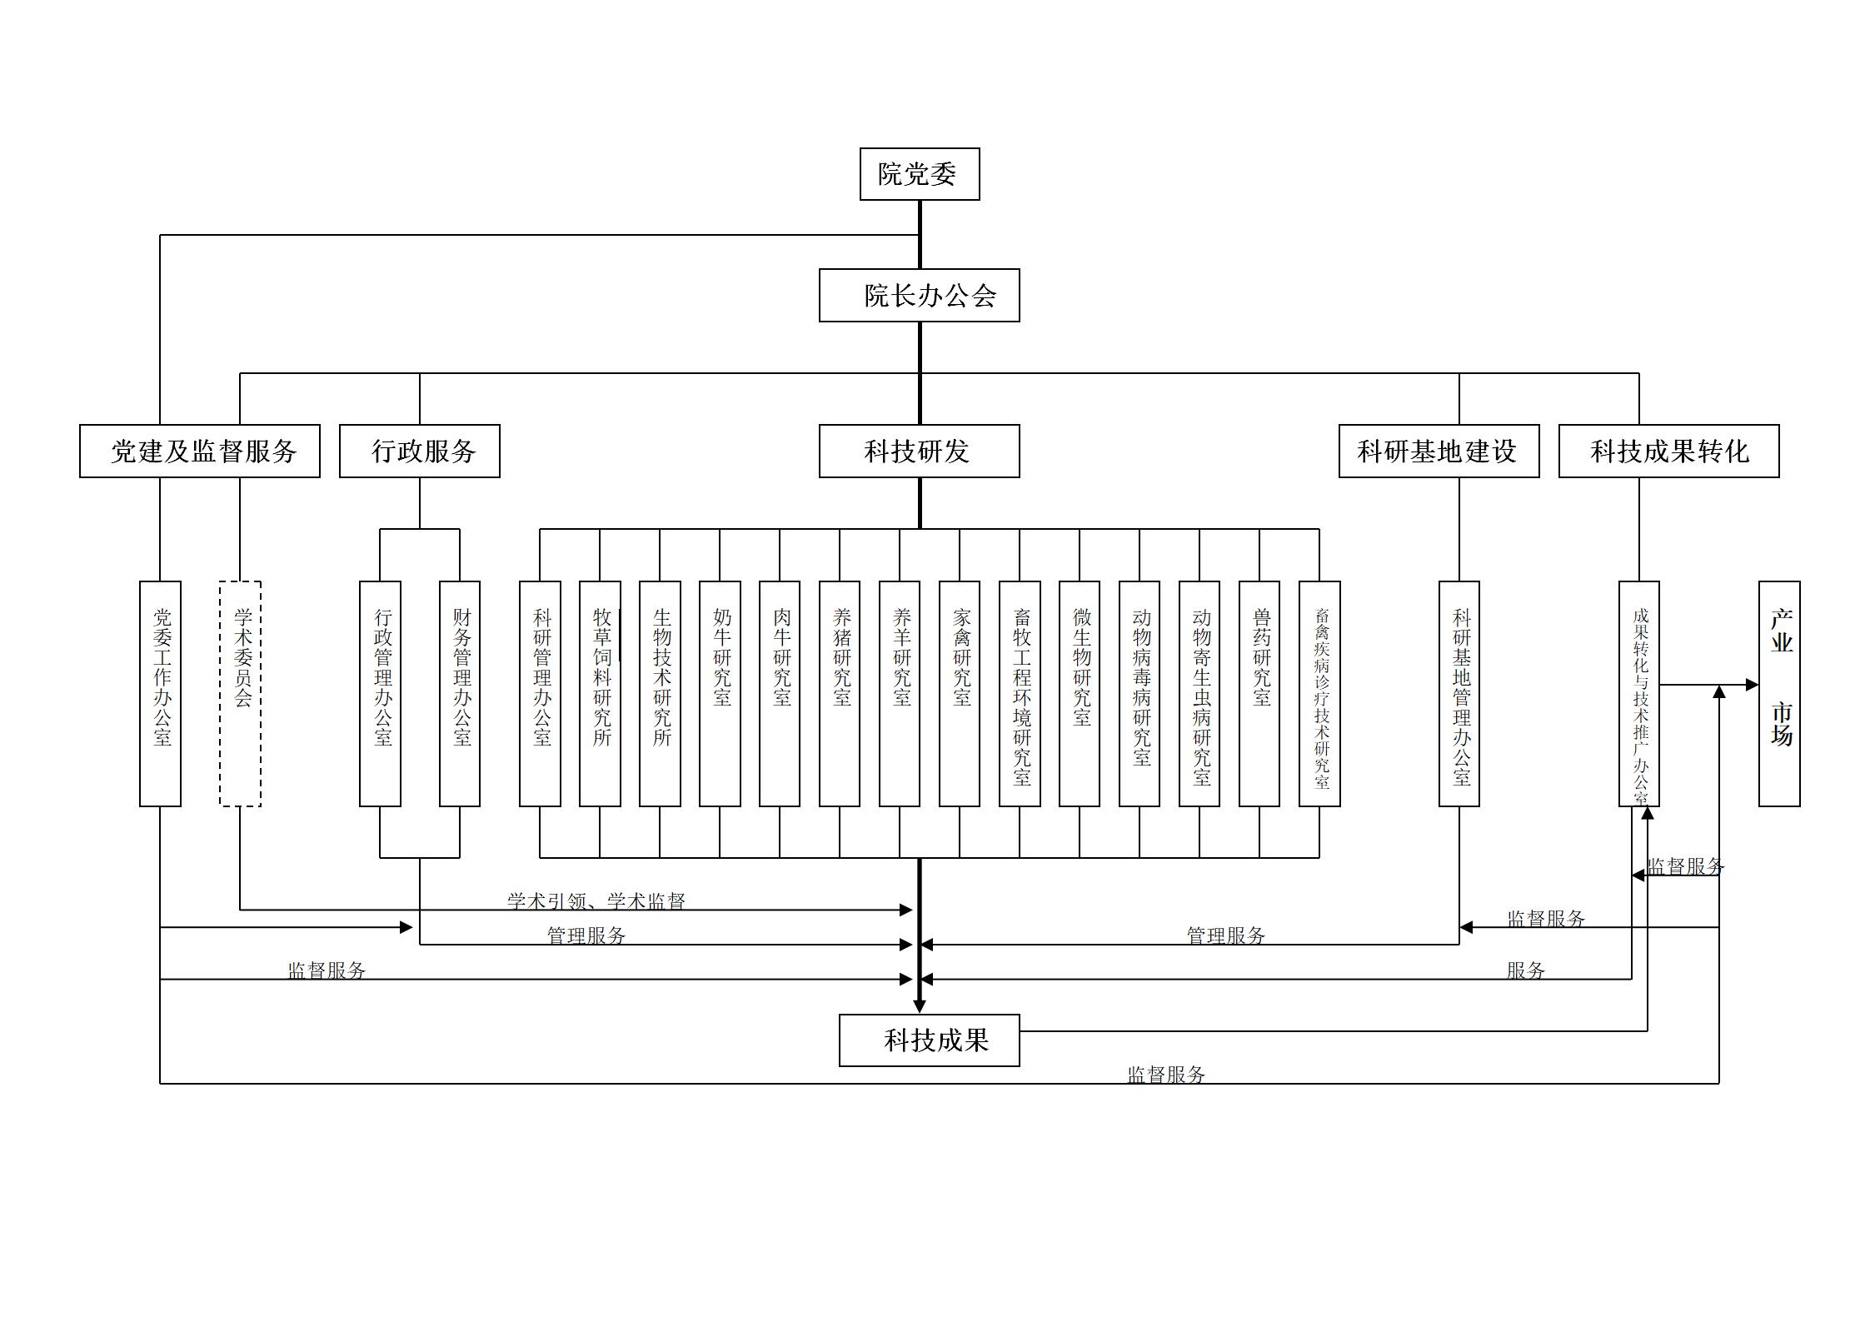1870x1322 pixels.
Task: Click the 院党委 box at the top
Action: pyautogui.click(x=920, y=174)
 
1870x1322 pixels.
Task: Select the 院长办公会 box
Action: pyautogui.click(x=919, y=295)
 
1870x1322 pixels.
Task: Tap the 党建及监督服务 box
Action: pyautogui.click(x=200, y=451)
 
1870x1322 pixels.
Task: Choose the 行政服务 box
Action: pyautogui.click(x=419, y=451)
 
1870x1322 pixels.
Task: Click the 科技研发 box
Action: pyautogui.click(x=919, y=451)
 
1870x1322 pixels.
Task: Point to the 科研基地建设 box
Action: pyautogui.click(x=1439, y=451)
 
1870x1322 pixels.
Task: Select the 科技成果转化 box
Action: pyautogui.click(x=1668, y=451)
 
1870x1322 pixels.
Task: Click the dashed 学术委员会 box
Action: pyautogui.click(x=240, y=693)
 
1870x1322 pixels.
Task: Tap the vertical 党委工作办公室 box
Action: pyautogui.click(x=160, y=693)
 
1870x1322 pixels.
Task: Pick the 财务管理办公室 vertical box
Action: pyautogui.click(x=460, y=693)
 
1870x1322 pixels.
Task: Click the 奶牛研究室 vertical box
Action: pyautogui.click(x=720, y=693)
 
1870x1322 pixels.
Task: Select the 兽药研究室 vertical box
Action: pyautogui.click(x=1259, y=693)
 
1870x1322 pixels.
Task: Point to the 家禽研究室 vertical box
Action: pyautogui.click(x=960, y=693)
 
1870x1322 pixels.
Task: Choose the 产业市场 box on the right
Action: pyautogui.click(x=1779, y=693)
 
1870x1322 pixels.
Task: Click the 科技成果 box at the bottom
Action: pyautogui.click(x=929, y=1040)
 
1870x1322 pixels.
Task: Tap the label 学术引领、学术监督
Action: pyautogui.click(x=596, y=900)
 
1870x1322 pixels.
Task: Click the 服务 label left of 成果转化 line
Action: pyautogui.click(x=1525, y=970)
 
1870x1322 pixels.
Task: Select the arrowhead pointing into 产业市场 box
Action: pyautogui.click(x=1753, y=685)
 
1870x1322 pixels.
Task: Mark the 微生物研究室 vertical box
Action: pyautogui.click(x=1080, y=693)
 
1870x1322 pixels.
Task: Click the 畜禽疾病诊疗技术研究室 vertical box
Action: pyautogui.click(x=1319, y=693)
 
